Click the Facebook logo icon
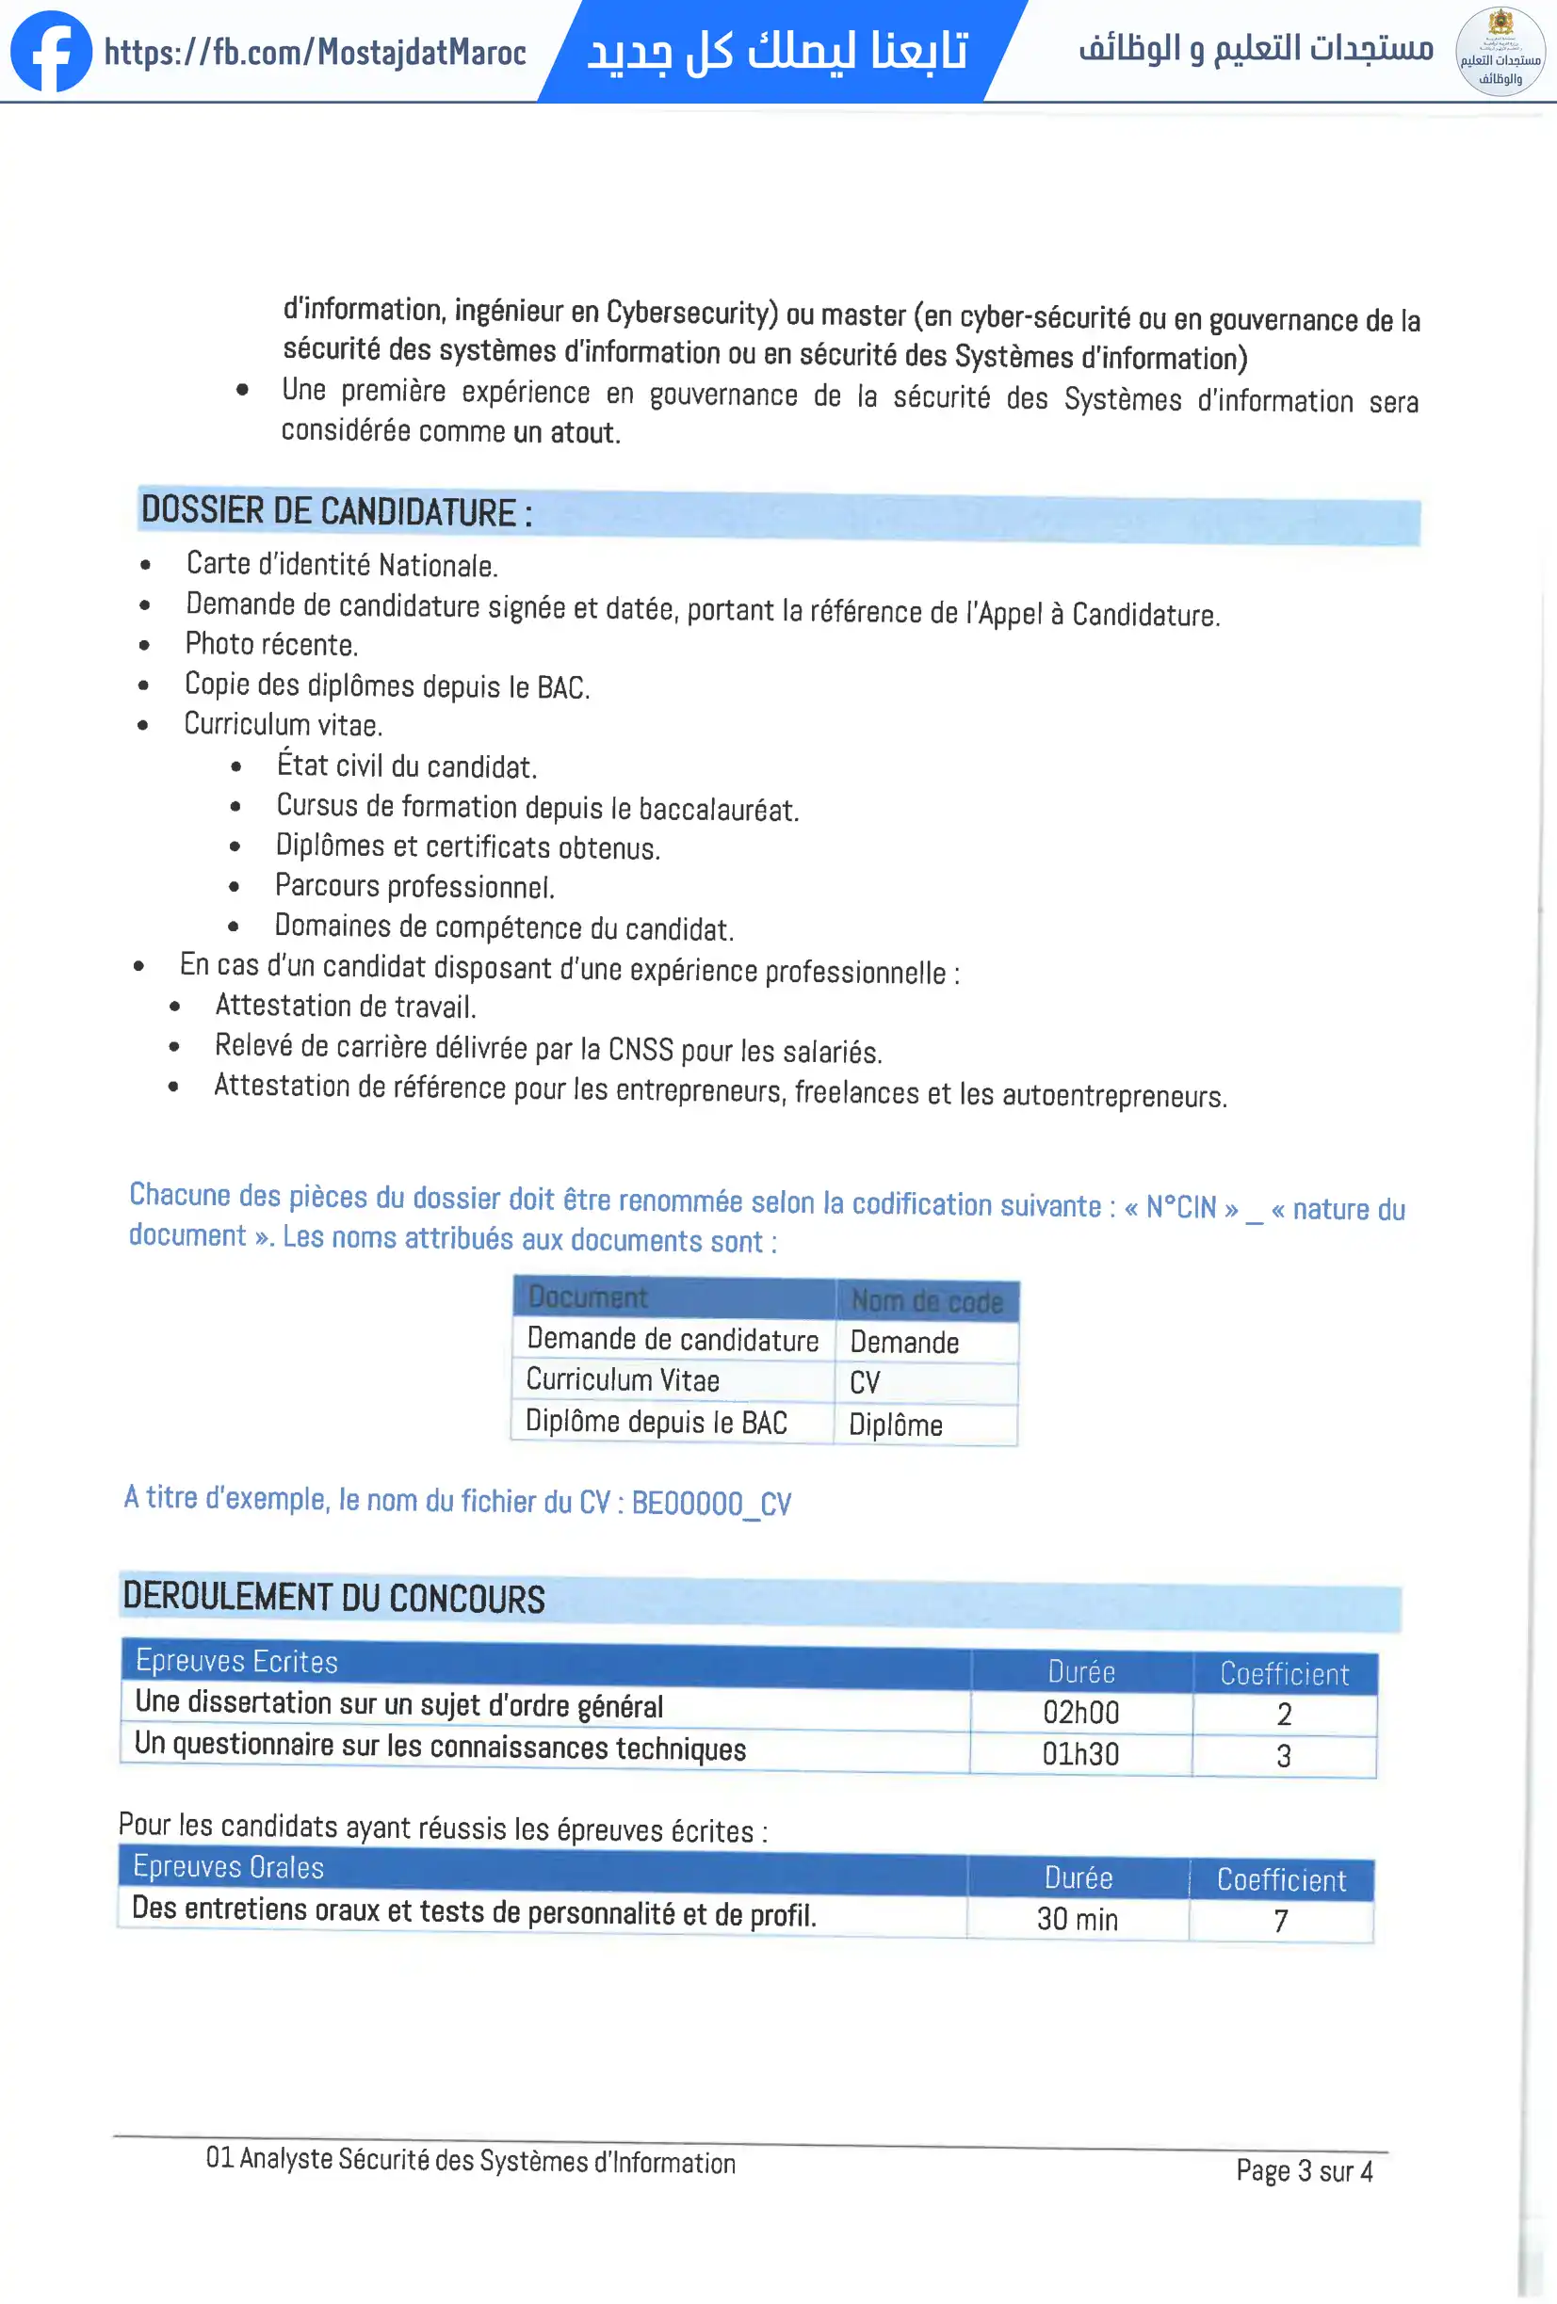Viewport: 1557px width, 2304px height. click(52, 52)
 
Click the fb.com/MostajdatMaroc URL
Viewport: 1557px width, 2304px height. click(316, 53)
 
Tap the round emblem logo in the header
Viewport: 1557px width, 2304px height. click(1500, 52)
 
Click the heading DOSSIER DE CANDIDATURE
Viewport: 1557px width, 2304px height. click(336, 511)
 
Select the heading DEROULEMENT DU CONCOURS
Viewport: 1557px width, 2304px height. click(333, 1598)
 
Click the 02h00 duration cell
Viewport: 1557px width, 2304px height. click(1080, 1712)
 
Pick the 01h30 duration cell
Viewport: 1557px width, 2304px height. click(1080, 1754)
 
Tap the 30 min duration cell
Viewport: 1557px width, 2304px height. click(1077, 1919)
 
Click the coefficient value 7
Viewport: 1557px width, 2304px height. click(1280, 1922)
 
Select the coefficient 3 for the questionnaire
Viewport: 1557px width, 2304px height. click(1283, 1756)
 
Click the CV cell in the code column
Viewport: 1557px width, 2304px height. click(865, 1382)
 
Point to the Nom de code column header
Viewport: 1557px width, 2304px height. click(926, 1300)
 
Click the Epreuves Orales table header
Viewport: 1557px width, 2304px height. click(229, 1868)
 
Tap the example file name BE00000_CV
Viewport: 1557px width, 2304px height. click(711, 1503)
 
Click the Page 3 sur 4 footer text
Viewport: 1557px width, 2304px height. click(1303, 2171)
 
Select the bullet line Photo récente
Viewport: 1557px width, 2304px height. click(270, 644)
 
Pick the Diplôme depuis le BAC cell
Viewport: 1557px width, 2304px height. click(656, 1422)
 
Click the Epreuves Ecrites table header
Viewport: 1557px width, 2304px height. click(237, 1662)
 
